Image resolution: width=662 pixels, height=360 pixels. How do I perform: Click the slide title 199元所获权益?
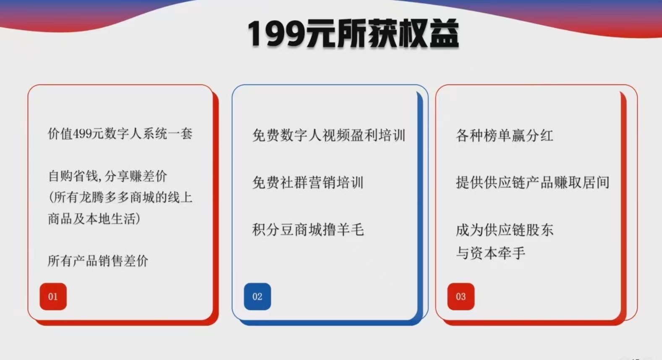353,34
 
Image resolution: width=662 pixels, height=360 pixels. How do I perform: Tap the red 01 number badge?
53,297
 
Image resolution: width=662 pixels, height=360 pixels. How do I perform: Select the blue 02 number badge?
257,297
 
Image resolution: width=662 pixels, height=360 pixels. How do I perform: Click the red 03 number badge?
461,297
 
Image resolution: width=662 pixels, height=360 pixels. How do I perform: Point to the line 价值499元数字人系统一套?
120,134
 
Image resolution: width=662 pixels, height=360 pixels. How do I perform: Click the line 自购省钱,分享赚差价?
107,176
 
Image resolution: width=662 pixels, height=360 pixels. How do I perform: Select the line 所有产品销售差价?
98,261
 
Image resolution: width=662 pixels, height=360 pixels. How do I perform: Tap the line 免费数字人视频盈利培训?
329,136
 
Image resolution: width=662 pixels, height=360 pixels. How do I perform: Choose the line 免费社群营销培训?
308,182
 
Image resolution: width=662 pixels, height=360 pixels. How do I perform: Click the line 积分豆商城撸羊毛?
308,230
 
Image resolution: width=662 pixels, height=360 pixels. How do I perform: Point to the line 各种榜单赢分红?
505,136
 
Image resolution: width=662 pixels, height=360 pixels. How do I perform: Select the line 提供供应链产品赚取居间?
533,182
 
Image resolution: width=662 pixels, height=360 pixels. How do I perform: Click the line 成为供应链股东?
505,230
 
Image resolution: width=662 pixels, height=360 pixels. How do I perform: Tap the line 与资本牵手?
491,253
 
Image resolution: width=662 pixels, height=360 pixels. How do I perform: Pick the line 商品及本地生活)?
94,219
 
